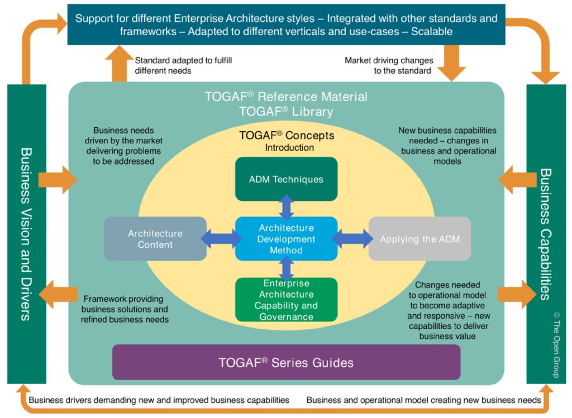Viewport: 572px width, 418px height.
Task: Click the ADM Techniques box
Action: coord(286,179)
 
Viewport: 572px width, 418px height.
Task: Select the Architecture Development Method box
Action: coord(286,239)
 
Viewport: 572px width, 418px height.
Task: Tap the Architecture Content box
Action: coord(155,239)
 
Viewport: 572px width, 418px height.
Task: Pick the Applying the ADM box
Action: coord(420,239)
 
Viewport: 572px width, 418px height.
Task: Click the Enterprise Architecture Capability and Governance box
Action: coord(286,300)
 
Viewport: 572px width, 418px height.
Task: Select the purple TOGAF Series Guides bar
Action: coord(286,362)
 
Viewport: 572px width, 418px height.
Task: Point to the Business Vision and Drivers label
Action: coord(25,234)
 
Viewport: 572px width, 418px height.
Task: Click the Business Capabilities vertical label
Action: coord(546,234)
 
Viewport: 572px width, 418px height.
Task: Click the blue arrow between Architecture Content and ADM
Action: coord(221,239)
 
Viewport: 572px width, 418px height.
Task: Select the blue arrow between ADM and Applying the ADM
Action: coord(352,239)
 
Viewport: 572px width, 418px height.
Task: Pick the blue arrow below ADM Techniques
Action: coord(287,208)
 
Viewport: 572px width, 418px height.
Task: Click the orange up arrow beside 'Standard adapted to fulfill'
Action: coord(119,63)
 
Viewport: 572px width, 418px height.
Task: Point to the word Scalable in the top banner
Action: coord(431,32)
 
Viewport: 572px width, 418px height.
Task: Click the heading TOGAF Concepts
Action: coord(287,136)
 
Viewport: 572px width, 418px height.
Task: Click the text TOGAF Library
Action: coord(286,112)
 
